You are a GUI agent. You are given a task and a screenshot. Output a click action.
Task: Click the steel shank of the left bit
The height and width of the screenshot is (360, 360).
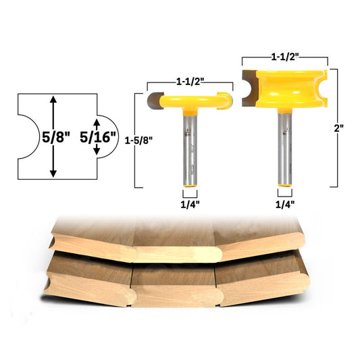click(x=190, y=152)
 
